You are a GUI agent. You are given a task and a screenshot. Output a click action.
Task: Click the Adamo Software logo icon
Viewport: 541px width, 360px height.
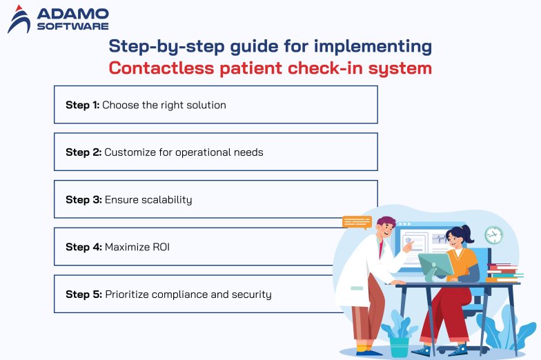point(20,19)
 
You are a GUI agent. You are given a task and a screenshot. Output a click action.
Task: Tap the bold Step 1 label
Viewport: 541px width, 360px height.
point(82,105)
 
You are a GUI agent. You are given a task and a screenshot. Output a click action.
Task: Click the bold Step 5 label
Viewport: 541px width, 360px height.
point(83,294)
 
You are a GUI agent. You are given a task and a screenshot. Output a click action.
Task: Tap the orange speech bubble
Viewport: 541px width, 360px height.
point(356,222)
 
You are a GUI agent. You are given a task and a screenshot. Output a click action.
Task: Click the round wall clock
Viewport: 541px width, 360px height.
point(493,234)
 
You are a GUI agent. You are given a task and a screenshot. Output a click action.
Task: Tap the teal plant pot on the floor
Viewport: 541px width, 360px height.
point(398,346)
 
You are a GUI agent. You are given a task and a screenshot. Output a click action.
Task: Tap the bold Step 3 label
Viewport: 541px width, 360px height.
point(83,199)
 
